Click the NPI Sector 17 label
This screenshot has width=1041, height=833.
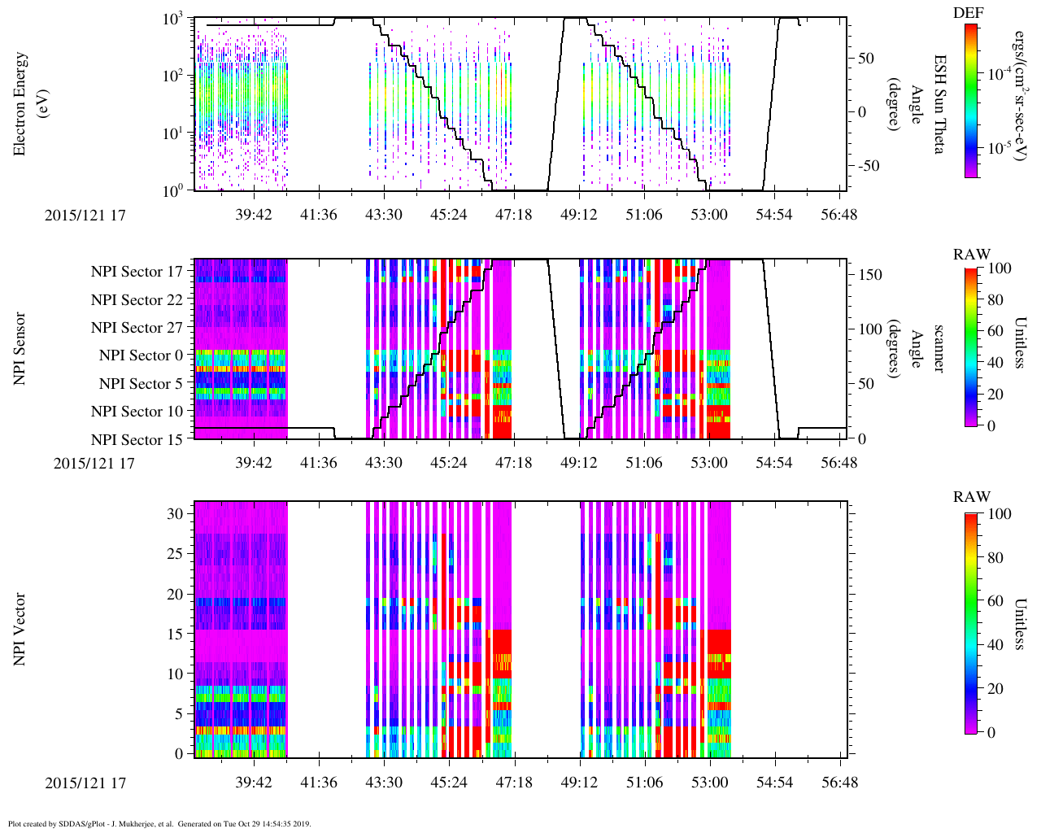[x=137, y=272]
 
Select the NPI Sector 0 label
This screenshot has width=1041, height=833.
[x=141, y=355]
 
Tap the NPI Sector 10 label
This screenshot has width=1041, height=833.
[x=137, y=412]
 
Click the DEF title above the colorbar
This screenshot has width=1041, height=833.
[x=971, y=13]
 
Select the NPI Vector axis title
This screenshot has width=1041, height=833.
[x=20, y=630]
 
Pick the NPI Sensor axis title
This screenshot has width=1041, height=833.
[x=20, y=349]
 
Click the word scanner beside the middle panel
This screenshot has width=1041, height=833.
[x=938, y=349]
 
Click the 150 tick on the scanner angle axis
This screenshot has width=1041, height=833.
[x=871, y=275]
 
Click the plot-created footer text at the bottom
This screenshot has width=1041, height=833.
[x=159, y=824]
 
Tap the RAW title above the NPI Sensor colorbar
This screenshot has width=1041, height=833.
[x=971, y=255]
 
